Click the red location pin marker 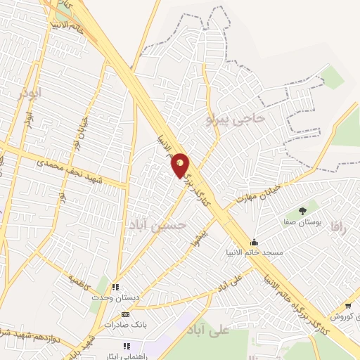tap(181, 165)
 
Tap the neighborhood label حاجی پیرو tap(236, 119)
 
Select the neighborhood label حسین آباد tap(158, 224)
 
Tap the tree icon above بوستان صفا tap(303, 210)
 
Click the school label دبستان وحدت tap(116, 297)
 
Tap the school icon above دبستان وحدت tap(116, 287)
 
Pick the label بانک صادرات tap(125, 325)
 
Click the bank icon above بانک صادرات tap(126, 314)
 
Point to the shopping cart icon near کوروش tap(349, 305)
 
